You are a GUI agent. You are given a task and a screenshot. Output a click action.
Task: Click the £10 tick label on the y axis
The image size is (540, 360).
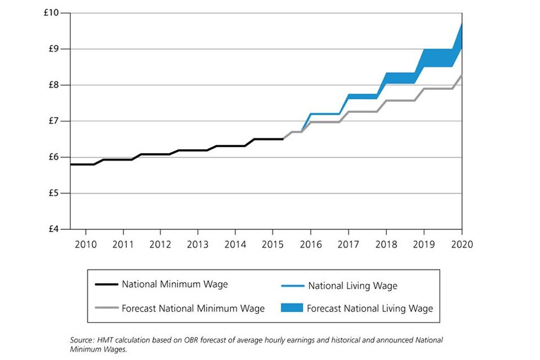(51, 13)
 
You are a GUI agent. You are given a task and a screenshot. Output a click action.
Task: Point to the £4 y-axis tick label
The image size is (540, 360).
(53, 229)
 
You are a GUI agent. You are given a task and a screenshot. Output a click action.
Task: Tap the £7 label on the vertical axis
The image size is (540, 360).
(53, 121)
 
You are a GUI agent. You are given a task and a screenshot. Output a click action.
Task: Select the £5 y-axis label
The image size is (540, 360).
(53, 194)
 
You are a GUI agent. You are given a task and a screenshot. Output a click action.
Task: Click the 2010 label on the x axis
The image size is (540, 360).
(84, 244)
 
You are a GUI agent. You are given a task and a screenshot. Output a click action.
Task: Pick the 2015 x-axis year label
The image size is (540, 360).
(272, 244)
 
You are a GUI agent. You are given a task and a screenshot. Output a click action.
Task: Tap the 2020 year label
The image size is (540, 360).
(461, 244)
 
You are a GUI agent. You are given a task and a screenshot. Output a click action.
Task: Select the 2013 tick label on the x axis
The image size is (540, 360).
(197, 244)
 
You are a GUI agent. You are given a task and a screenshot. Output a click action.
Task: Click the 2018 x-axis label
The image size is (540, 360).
(386, 244)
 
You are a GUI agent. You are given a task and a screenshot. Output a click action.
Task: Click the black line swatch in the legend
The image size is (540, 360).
(106, 285)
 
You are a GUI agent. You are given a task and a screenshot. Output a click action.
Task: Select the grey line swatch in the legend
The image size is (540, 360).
(106, 308)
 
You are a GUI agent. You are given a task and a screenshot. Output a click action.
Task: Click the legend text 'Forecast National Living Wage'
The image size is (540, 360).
(370, 309)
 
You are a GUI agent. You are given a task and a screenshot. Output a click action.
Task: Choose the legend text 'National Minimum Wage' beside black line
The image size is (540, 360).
(175, 285)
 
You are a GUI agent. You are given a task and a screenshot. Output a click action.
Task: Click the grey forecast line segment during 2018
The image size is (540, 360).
(400, 101)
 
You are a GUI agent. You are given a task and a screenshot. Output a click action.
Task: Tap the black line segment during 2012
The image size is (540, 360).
(160, 154)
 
